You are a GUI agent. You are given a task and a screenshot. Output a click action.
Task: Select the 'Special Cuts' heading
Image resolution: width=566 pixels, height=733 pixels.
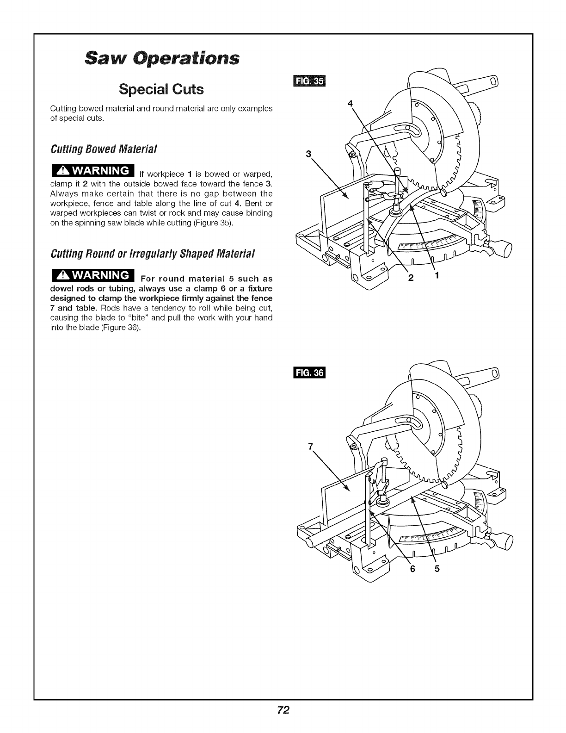click(160, 89)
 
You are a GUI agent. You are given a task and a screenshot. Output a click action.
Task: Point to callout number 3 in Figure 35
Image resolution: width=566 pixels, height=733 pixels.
click(309, 154)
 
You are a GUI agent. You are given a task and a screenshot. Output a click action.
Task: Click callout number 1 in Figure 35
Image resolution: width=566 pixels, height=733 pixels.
click(436, 276)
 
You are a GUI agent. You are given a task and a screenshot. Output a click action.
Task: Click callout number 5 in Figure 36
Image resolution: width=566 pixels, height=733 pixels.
click(436, 569)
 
